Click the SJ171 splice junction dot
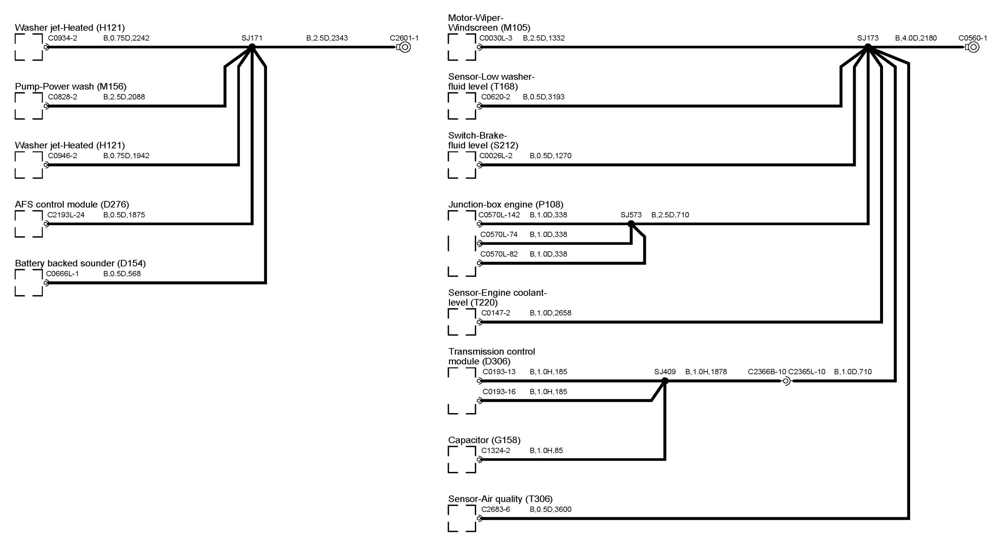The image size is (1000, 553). (252, 47)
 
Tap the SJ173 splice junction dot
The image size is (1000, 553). (868, 47)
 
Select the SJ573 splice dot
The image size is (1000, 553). (631, 224)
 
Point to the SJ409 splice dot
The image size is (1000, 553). (665, 381)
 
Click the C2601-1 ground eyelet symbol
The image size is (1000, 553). (405, 47)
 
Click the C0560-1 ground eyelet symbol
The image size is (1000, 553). (973, 47)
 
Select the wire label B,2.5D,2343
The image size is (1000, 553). (327, 38)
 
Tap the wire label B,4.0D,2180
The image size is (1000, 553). (916, 38)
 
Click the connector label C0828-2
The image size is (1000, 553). (63, 97)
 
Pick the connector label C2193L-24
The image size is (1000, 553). (66, 215)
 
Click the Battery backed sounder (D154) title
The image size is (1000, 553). (80, 263)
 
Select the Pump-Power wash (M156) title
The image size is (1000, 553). (71, 86)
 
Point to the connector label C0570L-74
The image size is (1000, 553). (499, 235)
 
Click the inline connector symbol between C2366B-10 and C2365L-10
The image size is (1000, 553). (787, 381)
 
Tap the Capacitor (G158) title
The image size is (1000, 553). (484, 440)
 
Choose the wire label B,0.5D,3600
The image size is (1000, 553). (550, 509)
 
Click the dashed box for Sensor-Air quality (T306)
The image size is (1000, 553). (462, 518)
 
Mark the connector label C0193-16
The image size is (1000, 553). (499, 392)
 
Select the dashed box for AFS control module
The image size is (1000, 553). (28, 224)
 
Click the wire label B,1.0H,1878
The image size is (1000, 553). (706, 372)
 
